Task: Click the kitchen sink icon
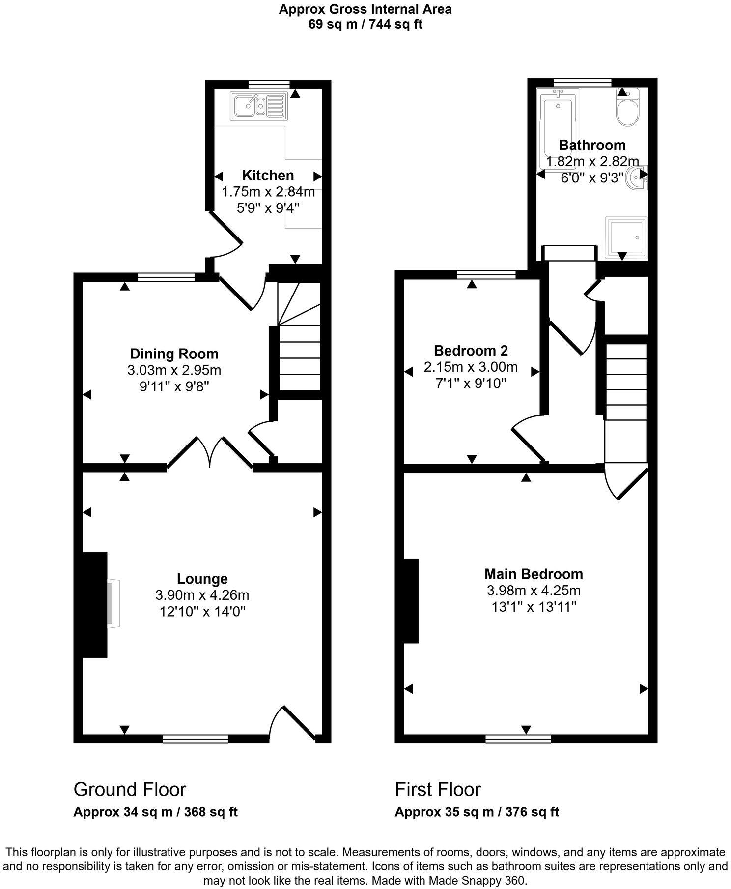[257, 106]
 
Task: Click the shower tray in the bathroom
[626, 237]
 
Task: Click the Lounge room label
[202, 579]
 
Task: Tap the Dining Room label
[174, 354]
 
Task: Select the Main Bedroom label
[534, 574]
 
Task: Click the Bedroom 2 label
[471, 351]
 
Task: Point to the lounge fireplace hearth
[113, 604]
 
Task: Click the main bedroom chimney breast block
[411, 600]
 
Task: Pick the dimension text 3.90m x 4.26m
[202, 595]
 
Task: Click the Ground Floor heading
[130, 789]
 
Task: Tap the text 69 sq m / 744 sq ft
[365, 24]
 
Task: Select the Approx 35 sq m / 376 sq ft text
[477, 812]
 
